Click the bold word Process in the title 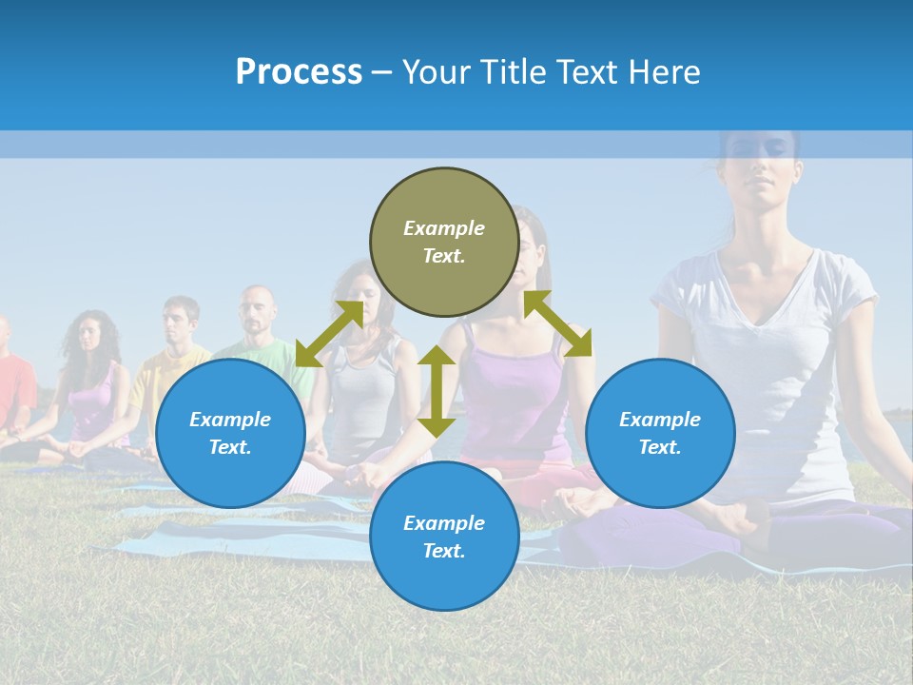pyautogui.click(x=299, y=72)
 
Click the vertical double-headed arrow pyautogui.click(x=437, y=391)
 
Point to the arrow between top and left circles pyautogui.click(x=329, y=334)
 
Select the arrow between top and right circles pyautogui.click(x=557, y=323)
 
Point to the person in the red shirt pyautogui.click(x=11, y=381)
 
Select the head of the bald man pyautogui.click(x=255, y=306)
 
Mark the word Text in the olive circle pyautogui.click(x=444, y=256)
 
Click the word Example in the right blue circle pyautogui.click(x=660, y=420)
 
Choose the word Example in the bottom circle pyautogui.click(x=444, y=523)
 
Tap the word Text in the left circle pyautogui.click(x=230, y=447)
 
